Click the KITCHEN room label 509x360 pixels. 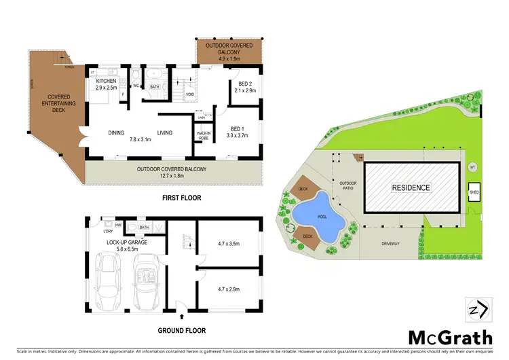tap(106, 82)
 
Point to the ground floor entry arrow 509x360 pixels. tap(182, 317)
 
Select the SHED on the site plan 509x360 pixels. tap(474, 192)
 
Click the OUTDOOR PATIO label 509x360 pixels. tap(348, 185)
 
